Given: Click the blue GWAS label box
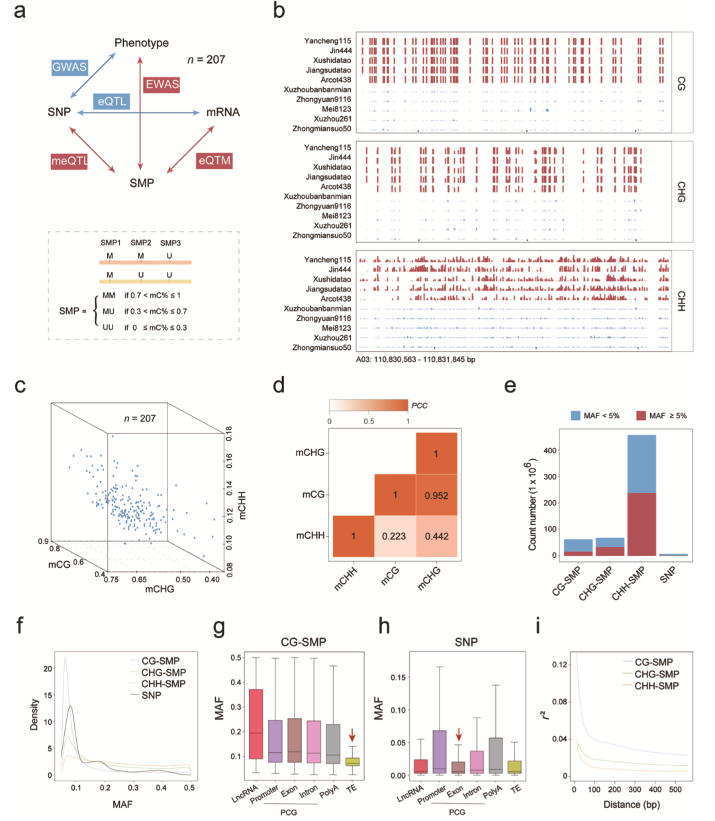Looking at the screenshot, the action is pyautogui.click(x=70, y=67).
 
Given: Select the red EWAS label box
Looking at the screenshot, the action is pyautogui.click(x=162, y=85).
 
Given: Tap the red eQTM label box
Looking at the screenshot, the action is pyautogui.click(x=215, y=160).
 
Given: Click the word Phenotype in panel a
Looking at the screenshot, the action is pyautogui.click(x=142, y=43).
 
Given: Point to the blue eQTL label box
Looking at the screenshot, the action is pyautogui.click(x=112, y=101).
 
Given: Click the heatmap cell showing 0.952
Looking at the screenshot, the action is pyautogui.click(x=436, y=494).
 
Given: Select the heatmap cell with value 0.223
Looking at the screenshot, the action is pyautogui.click(x=395, y=536).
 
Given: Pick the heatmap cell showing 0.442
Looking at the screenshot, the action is pyautogui.click(x=436, y=536).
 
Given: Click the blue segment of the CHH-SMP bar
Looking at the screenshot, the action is pyautogui.click(x=642, y=463).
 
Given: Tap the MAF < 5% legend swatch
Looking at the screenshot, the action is pyautogui.click(x=575, y=415).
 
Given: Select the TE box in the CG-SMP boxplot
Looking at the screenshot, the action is pyautogui.click(x=353, y=761).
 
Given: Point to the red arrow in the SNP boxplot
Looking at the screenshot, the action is pyautogui.click(x=459, y=734).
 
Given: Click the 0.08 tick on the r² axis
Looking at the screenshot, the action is pyautogui.click(x=559, y=702).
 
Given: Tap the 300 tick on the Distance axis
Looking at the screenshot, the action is pyautogui.click(x=634, y=789).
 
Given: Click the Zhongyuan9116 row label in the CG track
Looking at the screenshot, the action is pyautogui.click(x=324, y=99).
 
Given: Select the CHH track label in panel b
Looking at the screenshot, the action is pyautogui.click(x=681, y=301).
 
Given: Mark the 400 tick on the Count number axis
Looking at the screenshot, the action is pyautogui.click(x=550, y=450).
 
